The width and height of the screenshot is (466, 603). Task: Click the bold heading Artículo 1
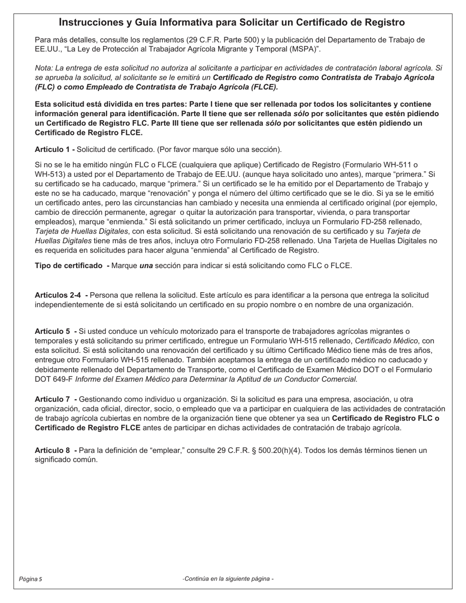pos(53,149)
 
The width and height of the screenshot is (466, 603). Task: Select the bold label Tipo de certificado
pos(70,266)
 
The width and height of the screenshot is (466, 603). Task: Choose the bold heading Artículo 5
pos(53,331)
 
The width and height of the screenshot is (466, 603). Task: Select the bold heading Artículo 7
pos(53,400)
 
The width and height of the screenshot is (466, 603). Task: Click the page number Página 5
pos(30,579)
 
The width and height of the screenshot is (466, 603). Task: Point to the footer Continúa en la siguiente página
pos(228,579)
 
